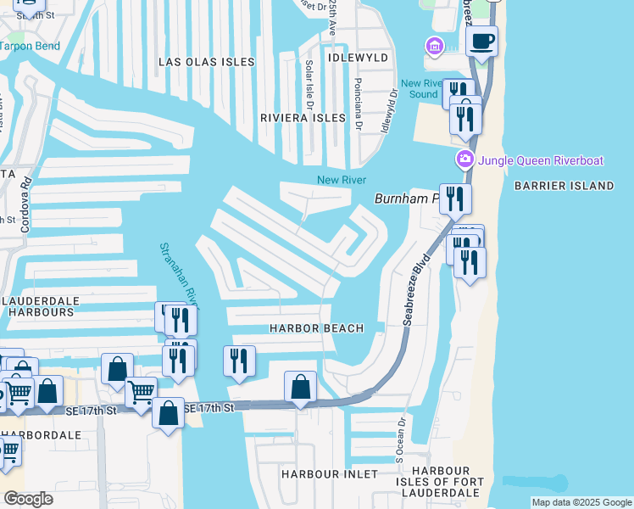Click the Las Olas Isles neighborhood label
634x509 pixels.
tap(207, 61)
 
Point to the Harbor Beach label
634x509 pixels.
tap(316, 328)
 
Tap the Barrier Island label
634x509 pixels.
tap(563, 185)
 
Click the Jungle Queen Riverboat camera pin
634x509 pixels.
tap(464, 159)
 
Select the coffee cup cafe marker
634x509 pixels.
tap(481, 42)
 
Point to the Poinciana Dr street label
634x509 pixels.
tap(359, 104)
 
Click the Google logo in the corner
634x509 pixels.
tap(28, 498)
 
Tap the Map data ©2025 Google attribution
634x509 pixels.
tap(581, 502)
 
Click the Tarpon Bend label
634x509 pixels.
tap(31, 46)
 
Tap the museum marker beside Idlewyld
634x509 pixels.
tap(436, 46)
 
